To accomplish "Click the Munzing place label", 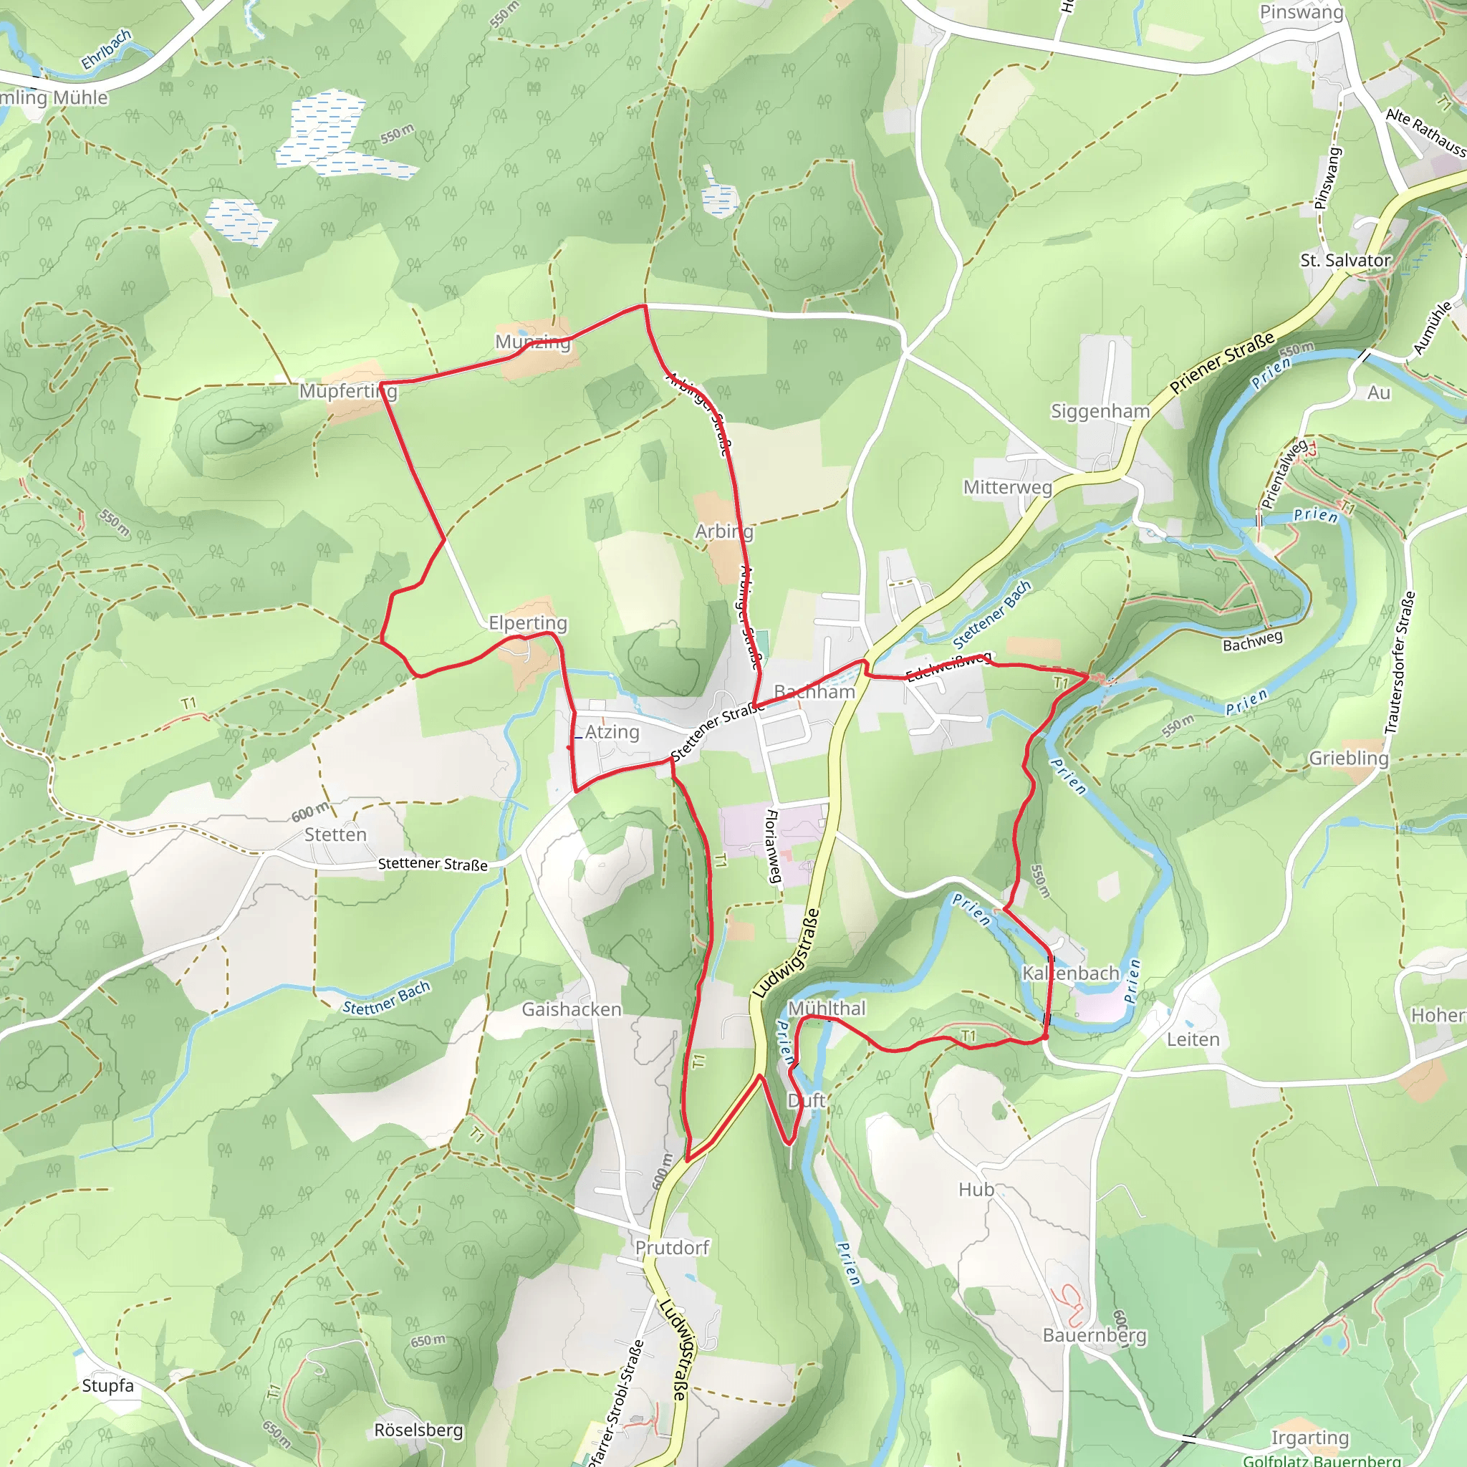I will pyautogui.click(x=532, y=342).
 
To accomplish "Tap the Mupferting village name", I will pyautogui.click(x=347, y=391).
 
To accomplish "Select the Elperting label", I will pyautogui.click(x=528, y=622).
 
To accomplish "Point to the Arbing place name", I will pyautogui.click(x=724, y=532).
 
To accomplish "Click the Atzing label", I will pyautogui.click(x=612, y=732).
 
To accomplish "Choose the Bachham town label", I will pyautogui.click(x=814, y=692).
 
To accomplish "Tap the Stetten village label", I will pyautogui.click(x=336, y=834).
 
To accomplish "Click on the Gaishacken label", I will pyautogui.click(x=571, y=1009).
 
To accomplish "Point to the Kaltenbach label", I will pyautogui.click(x=1071, y=973).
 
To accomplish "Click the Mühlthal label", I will pyautogui.click(x=826, y=1009).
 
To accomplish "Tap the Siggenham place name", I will pyautogui.click(x=1100, y=412).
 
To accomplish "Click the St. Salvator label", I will pyautogui.click(x=1345, y=261).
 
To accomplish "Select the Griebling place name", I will pyautogui.click(x=1349, y=758).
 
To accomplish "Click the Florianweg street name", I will pyautogui.click(x=772, y=847).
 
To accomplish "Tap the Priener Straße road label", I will pyautogui.click(x=1222, y=364).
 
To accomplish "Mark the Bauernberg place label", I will pyautogui.click(x=1095, y=1335).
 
